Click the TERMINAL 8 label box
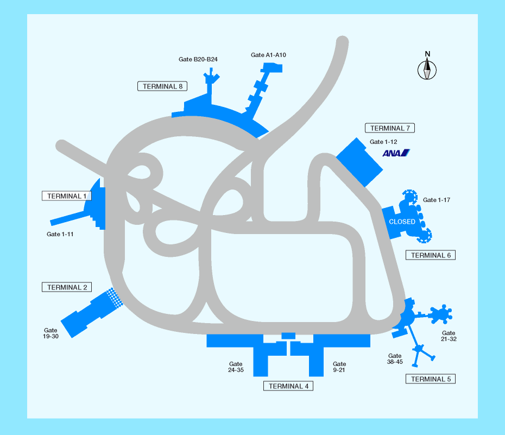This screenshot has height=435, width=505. coord(162,86)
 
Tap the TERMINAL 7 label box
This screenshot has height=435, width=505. coord(390,128)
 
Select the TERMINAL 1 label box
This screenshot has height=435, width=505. coord(67,196)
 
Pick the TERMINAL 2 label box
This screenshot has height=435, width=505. coord(67,287)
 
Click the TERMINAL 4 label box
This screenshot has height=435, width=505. coord(288,386)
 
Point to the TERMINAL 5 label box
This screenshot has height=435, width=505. coord(431,379)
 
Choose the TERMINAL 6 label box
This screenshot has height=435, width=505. coord(431,255)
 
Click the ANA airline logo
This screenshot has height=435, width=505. coord(396,153)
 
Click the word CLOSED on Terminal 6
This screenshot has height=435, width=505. coord(402,222)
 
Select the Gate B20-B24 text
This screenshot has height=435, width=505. coord(198,59)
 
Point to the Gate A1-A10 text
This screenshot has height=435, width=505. coord(268,55)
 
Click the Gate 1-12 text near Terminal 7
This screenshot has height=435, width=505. coord(383,142)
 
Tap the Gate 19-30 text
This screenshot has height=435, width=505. coord(50,333)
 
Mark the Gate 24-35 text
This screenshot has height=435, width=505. coord(236,367)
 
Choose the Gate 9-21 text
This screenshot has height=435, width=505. coord(339,367)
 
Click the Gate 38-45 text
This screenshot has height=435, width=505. coord(395,358)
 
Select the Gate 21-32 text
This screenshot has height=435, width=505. coord(449,336)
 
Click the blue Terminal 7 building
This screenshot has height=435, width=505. coord(359,162)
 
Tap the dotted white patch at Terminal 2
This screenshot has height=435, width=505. coord(115,298)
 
